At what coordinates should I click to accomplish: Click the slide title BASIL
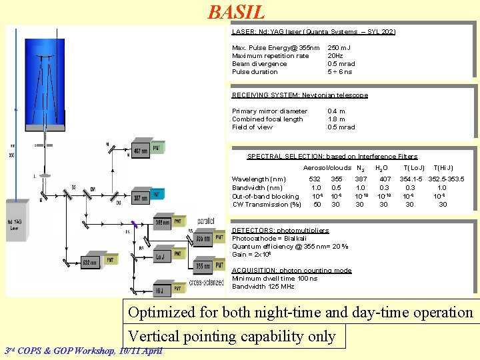click(x=236, y=12)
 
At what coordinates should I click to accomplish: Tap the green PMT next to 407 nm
click(x=157, y=149)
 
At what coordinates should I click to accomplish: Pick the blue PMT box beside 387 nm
click(x=157, y=195)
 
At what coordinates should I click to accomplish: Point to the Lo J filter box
click(x=161, y=255)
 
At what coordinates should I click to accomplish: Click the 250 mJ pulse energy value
click(x=339, y=48)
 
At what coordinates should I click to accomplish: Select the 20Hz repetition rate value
click(x=335, y=56)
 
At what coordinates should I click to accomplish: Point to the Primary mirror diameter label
click(x=269, y=111)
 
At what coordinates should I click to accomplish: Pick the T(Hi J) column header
click(x=443, y=168)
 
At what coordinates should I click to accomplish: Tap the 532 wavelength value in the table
click(x=315, y=179)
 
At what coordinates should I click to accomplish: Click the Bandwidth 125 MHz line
click(x=263, y=287)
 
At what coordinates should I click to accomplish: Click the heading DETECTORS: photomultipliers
click(x=280, y=230)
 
